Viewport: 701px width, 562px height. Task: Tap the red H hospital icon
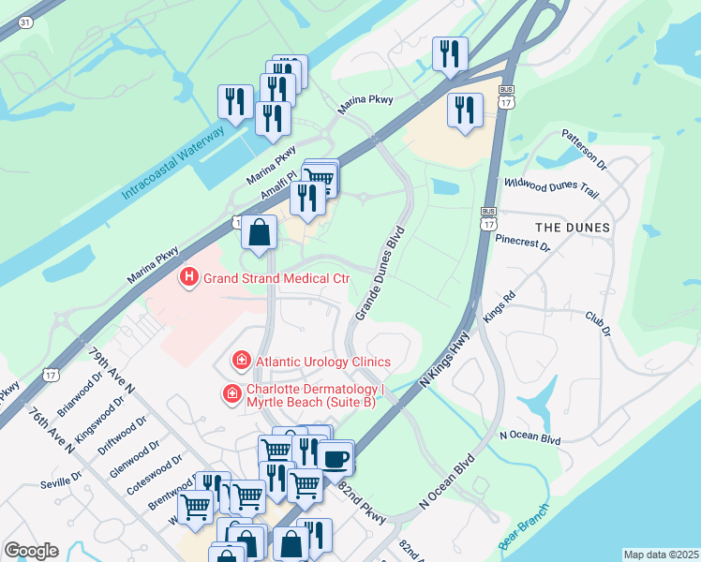pyautogui.click(x=188, y=277)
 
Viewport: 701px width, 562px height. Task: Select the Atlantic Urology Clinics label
pyautogui.click(x=323, y=362)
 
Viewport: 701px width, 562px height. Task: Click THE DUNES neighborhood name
pyautogui.click(x=572, y=228)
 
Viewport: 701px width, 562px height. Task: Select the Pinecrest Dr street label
pyautogui.click(x=523, y=243)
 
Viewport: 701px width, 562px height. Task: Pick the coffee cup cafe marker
pyautogui.click(x=335, y=458)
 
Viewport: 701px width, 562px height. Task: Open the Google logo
pyautogui.click(x=31, y=551)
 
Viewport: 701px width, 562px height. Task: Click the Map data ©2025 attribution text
pyautogui.click(x=660, y=555)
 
